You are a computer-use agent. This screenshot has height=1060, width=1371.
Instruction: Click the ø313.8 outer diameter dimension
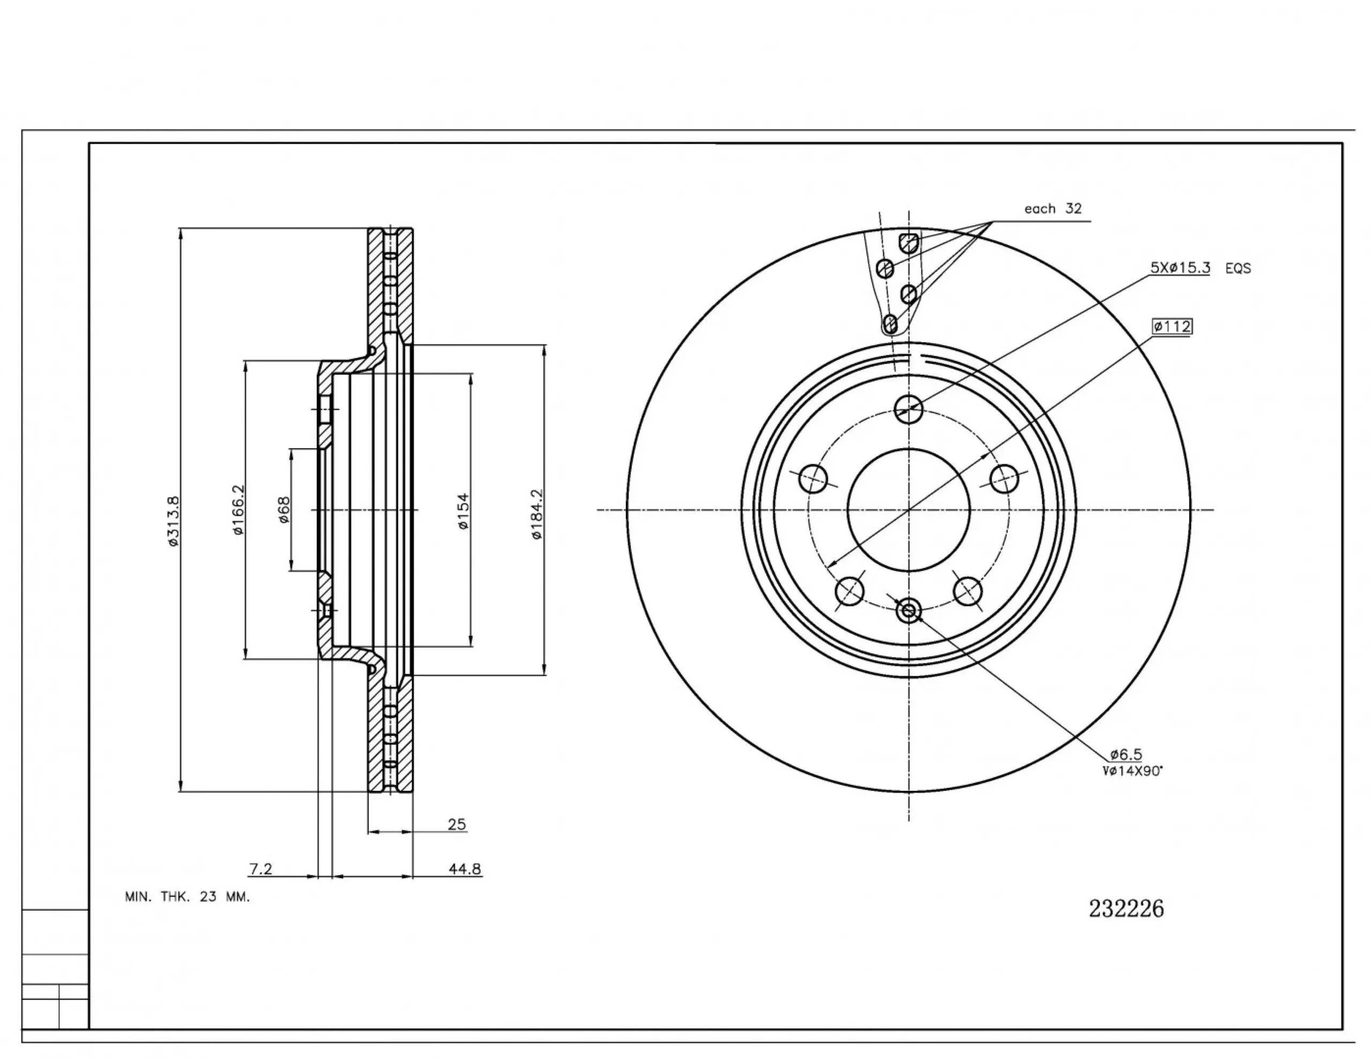click(x=174, y=521)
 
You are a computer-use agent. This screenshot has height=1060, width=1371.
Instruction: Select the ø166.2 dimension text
click(x=238, y=509)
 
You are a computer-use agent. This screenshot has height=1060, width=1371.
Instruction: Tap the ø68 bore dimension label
click(x=284, y=510)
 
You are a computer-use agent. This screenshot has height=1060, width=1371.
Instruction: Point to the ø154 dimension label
click(x=463, y=510)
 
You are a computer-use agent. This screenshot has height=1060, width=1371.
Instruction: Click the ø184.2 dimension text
click(x=537, y=514)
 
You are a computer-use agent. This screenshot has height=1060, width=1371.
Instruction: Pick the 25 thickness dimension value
click(x=456, y=824)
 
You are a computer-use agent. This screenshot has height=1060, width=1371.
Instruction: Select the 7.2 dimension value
click(x=260, y=869)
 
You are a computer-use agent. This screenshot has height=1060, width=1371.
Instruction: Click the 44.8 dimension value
click(x=464, y=869)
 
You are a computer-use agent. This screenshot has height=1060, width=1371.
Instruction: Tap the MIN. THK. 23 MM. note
click(x=187, y=897)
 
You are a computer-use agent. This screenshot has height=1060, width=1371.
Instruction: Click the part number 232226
click(x=1126, y=908)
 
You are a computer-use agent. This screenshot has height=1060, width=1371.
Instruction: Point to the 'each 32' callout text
click(x=1053, y=208)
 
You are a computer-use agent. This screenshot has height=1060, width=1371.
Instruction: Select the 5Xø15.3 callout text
click(x=1179, y=267)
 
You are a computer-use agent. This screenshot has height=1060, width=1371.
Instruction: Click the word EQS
click(x=1238, y=269)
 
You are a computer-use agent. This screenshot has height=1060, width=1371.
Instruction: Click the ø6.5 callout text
click(x=1126, y=754)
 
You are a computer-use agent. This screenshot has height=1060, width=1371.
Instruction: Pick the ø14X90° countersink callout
click(x=1133, y=771)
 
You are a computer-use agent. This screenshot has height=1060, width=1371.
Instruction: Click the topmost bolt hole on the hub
click(x=908, y=409)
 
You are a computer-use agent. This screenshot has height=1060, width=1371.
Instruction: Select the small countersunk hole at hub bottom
click(x=908, y=610)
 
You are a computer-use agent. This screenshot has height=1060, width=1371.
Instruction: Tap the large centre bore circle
click(x=908, y=510)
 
